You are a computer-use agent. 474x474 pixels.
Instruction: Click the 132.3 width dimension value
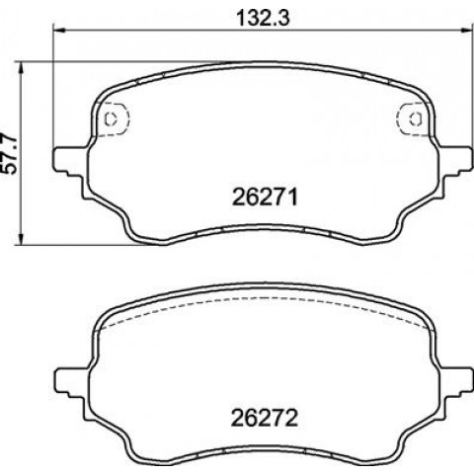point(264,18)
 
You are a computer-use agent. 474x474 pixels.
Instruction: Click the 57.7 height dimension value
point(11,153)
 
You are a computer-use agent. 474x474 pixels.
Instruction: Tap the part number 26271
point(265,197)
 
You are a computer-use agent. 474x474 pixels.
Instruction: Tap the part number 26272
point(265,419)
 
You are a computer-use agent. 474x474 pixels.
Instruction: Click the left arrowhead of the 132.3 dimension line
point(60,31)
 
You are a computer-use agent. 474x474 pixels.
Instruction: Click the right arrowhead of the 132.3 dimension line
point(465,31)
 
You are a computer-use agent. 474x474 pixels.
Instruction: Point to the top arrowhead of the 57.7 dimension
point(22,68)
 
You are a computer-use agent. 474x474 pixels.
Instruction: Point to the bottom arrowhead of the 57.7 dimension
point(22,238)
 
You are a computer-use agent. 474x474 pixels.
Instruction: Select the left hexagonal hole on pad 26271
point(111,118)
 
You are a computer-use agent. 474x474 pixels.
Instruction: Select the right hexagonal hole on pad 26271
point(416,118)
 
